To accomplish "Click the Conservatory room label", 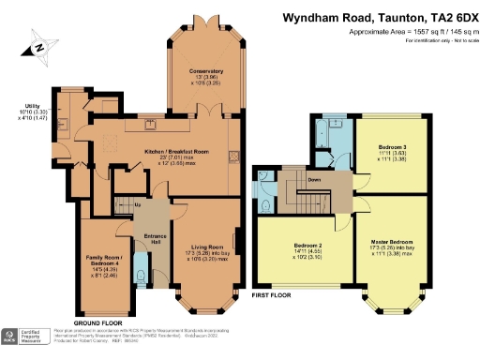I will [204, 71].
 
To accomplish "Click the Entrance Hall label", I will [150, 240].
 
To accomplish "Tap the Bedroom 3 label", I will [392, 147].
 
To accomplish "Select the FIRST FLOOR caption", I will [273, 295].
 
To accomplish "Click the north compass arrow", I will [36, 44].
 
